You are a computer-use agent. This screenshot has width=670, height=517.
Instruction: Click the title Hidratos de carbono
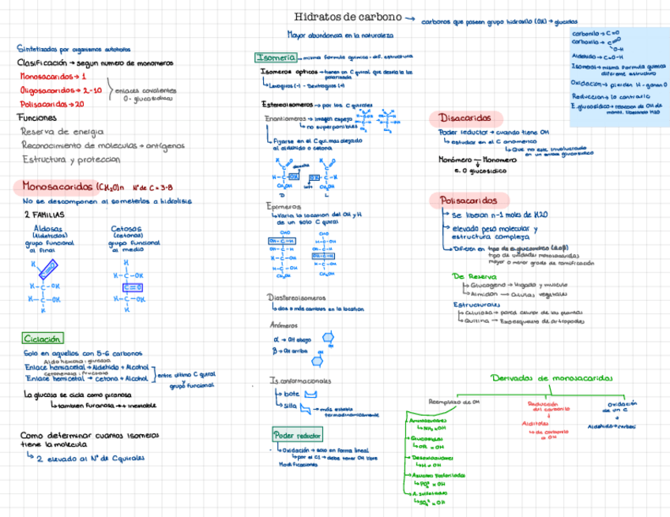click(x=348, y=17)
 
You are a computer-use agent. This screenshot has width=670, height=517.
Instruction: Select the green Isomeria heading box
click(x=276, y=58)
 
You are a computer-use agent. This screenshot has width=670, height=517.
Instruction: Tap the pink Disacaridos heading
click(x=465, y=118)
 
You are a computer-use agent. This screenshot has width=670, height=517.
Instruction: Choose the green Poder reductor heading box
click(x=297, y=435)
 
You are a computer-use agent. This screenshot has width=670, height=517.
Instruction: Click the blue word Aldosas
click(x=49, y=228)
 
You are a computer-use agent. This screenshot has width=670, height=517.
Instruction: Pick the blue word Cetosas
click(x=126, y=229)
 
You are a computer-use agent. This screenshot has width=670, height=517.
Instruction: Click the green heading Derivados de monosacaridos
click(x=551, y=378)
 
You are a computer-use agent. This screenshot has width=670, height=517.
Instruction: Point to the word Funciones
click(x=36, y=118)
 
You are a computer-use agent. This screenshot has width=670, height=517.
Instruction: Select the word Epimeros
click(x=283, y=206)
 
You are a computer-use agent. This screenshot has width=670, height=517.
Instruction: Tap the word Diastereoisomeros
click(x=296, y=298)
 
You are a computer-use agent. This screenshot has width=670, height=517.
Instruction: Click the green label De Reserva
click(x=474, y=277)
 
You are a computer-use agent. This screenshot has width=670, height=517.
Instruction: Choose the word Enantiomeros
click(x=284, y=118)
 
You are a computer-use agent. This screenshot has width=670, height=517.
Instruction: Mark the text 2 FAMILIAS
click(x=44, y=215)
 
